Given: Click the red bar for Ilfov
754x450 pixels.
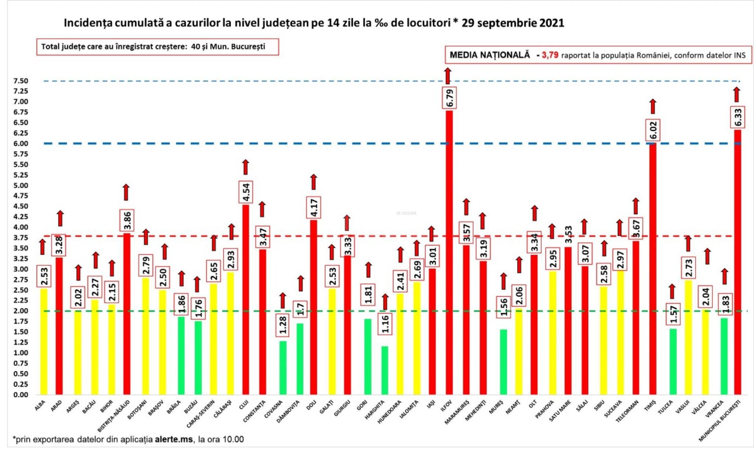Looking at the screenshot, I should [x=449, y=251].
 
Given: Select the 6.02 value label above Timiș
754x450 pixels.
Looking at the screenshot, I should [x=653, y=130].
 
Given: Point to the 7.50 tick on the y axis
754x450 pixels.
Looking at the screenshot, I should [x=20, y=81].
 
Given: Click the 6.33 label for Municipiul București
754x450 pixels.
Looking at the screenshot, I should [x=738, y=117].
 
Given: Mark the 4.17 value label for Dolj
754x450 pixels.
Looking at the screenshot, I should [x=314, y=207].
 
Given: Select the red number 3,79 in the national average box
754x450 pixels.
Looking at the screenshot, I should [x=550, y=55].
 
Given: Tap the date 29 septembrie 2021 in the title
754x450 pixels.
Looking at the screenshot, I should [x=512, y=23].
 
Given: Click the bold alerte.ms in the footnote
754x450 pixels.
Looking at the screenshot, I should [x=174, y=439].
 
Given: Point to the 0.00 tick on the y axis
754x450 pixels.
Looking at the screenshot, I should [x=20, y=395].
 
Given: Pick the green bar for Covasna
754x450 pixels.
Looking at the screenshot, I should [x=283, y=368].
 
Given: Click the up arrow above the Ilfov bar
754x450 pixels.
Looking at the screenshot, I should [x=448, y=76].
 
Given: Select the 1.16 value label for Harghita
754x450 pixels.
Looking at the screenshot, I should [x=385, y=324].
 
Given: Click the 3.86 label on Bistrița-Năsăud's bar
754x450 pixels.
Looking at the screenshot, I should [x=127, y=220].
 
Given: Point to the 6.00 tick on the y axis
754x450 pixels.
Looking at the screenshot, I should [x=20, y=144].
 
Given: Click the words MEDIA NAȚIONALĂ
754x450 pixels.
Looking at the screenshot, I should [x=489, y=55].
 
